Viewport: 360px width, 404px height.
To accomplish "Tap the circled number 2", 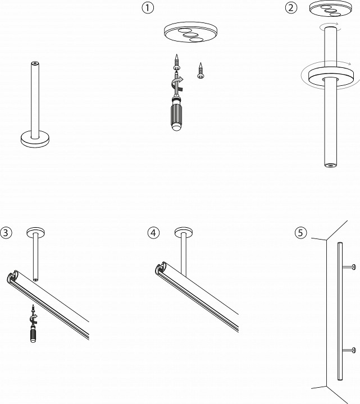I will tap(291, 7).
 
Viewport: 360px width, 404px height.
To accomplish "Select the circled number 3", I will tap(6, 232).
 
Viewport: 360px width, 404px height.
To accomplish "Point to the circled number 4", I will tap(153, 232).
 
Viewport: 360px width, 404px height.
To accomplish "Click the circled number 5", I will tap(301, 232).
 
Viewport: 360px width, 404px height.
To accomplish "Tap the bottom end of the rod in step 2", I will tap(330, 164).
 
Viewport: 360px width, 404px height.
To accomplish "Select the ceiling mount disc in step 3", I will tap(35, 232).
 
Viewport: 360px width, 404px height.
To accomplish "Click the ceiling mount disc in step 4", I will tap(183, 232).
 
